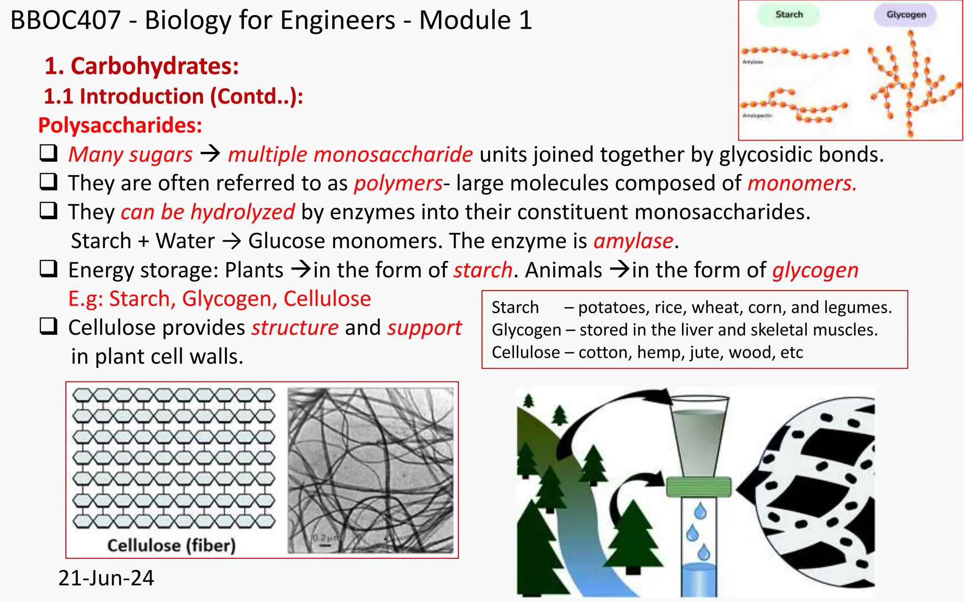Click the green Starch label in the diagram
coord(789,15)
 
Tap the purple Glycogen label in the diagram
coord(906,15)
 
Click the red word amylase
coord(633,241)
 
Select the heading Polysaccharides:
coord(120,126)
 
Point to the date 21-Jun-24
coord(106,578)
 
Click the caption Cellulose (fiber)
coord(171,546)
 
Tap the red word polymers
coord(398,183)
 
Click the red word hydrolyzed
coord(242,212)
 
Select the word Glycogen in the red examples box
coord(526,330)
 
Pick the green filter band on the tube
coord(699,487)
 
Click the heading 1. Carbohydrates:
coord(142,66)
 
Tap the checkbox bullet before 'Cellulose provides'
coord(48,326)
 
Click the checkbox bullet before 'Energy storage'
coord(48,269)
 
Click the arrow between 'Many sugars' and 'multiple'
coord(210,154)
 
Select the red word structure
coord(295,328)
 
